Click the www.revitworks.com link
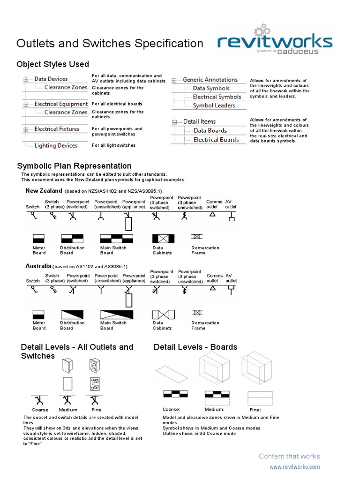pyautogui.click(x=295, y=467)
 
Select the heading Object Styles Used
pyautogui.click(x=52, y=64)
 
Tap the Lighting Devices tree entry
pyautogui.click(x=56, y=146)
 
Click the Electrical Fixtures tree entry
pyautogui.click(x=57, y=129)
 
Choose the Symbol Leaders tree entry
pyautogui.click(x=214, y=105)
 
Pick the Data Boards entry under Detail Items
pyautogui.click(x=210, y=131)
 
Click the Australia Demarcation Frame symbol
pyautogui.click(x=198, y=312)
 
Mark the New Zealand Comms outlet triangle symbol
pyautogui.click(x=212, y=214)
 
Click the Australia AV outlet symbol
pyautogui.click(x=231, y=288)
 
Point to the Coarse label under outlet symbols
pyautogui.click(x=40, y=410)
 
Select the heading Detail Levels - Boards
pyautogui.click(x=195, y=347)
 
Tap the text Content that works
pyautogui.click(x=289, y=456)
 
